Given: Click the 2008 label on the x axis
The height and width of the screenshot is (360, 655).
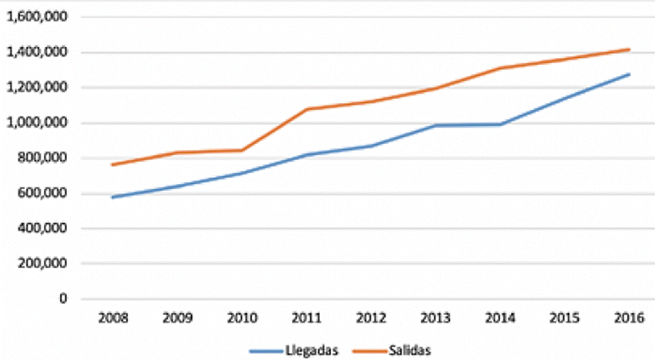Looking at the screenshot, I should coord(113,319).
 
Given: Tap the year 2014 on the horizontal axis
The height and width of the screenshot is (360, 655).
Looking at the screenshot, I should coord(500,319).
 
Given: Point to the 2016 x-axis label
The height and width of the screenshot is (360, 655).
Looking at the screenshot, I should coord(629,319).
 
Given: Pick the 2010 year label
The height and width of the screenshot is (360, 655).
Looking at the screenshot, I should coord(242,319).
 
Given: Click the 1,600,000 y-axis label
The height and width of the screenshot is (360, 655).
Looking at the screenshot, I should coord(37,17).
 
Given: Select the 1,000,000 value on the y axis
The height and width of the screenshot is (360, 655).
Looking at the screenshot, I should coord(37,123).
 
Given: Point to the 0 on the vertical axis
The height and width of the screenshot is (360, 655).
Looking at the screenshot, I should coord(63,299).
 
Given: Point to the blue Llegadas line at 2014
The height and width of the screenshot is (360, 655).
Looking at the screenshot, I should coord(500,125).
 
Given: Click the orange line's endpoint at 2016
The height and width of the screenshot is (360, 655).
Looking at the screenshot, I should coord(629,49).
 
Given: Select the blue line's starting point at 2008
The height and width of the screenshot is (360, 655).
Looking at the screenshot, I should coord(113,197).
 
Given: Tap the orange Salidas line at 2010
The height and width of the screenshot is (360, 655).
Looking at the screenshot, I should coord(242,150).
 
